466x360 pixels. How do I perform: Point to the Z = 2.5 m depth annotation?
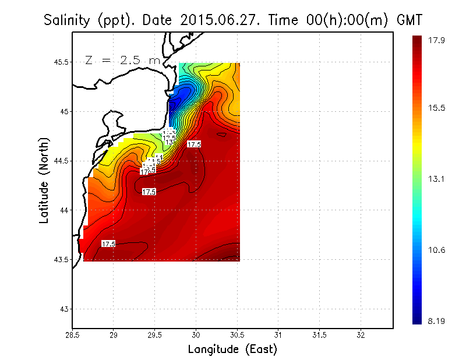tap(122, 59)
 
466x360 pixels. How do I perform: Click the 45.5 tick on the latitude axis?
tap(58, 62)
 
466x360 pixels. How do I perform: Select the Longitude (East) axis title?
tap(232, 350)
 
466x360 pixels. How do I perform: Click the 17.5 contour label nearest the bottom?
tap(108, 243)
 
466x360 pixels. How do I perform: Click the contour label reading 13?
tap(169, 142)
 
